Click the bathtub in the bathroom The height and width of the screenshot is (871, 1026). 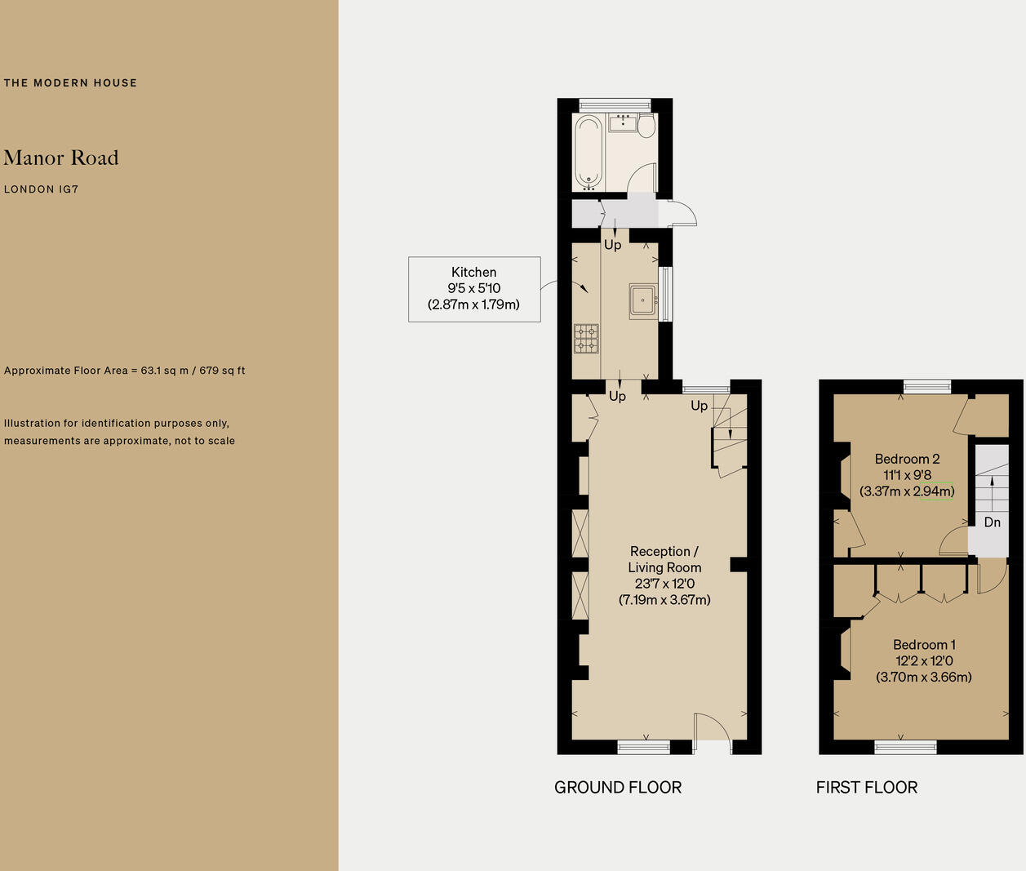[588, 152]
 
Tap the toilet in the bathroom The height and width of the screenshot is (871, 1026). [646, 127]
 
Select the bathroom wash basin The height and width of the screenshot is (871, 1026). [624, 122]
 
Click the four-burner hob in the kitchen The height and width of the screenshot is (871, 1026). [586, 339]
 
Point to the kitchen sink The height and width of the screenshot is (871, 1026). [643, 300]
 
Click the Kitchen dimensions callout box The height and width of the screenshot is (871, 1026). [474, 289]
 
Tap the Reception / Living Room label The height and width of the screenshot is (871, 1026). [664, 575]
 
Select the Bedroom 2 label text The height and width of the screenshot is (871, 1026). [907, 475]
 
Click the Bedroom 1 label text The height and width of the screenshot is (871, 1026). [924, 660]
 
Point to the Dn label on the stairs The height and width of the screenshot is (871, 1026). [992, 522]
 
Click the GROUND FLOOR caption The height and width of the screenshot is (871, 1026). [618, 788]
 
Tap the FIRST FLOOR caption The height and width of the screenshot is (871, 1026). [867, 788]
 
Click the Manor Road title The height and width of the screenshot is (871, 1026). [61, 158]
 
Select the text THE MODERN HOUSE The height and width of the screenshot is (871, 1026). [70, 82]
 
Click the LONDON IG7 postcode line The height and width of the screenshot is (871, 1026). [41, 189]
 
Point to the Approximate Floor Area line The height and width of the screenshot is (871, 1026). [124, 371]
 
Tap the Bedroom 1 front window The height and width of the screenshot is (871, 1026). [905, 745]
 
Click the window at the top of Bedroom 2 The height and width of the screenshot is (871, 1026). [927, 387]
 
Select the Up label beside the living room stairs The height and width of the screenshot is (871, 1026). [700, 406]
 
